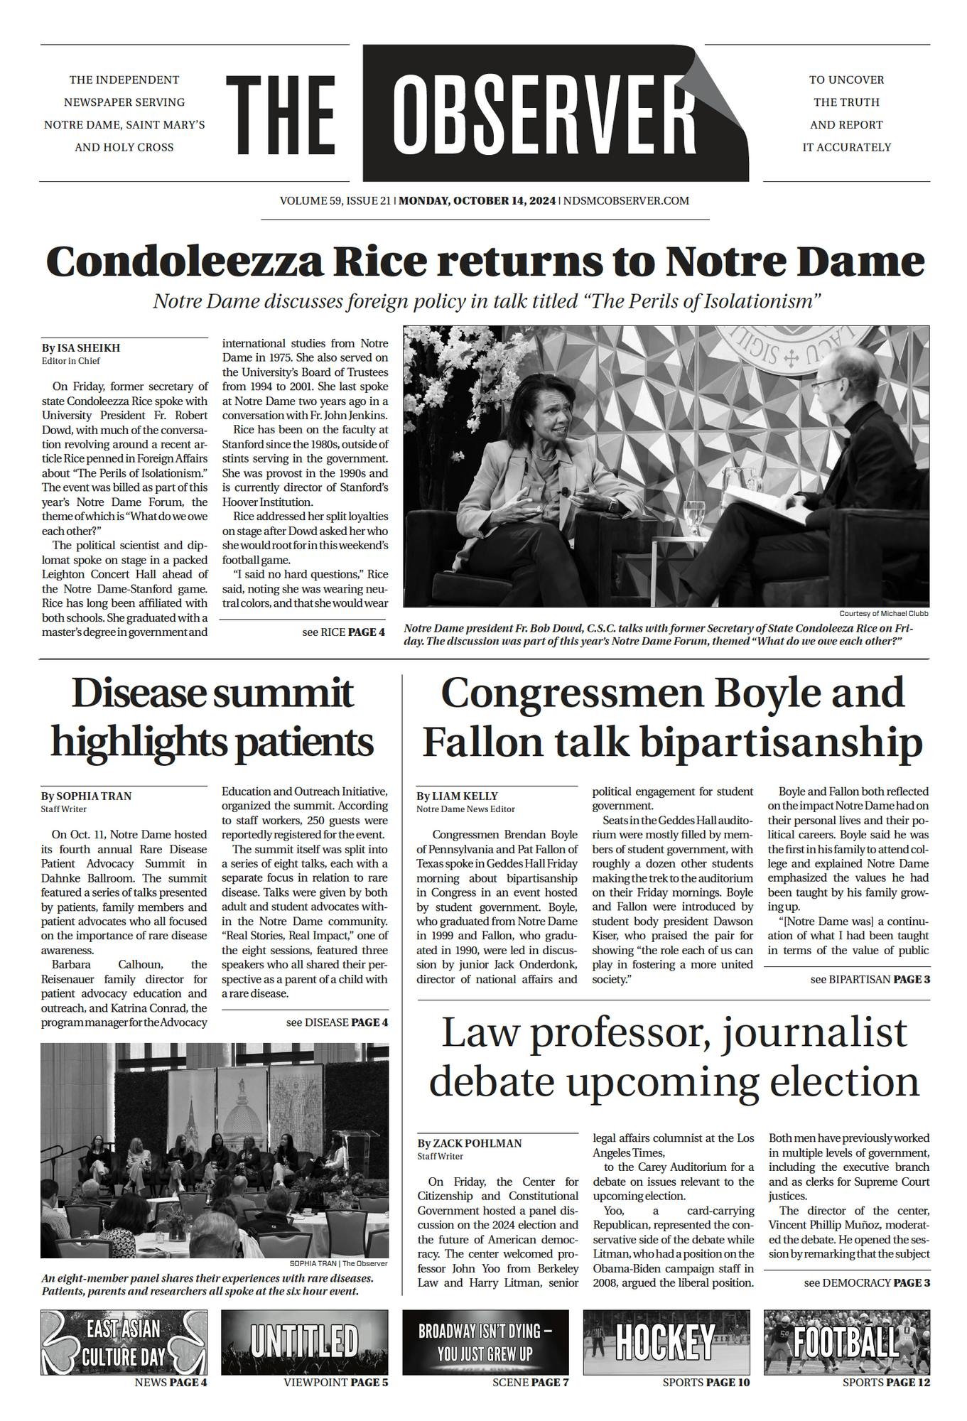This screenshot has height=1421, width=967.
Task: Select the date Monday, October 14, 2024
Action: point(477,200)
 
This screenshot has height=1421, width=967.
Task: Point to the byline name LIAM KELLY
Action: point(465,796)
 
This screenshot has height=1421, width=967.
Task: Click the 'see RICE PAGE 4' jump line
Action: point(343,632)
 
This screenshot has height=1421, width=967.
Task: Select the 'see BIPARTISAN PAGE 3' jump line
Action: point(870,979)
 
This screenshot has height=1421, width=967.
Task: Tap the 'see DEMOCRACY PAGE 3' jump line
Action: point(867,1282)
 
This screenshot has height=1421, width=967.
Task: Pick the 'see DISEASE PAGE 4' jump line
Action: point(337,1022)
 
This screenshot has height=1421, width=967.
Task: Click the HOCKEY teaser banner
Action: point(666,1342)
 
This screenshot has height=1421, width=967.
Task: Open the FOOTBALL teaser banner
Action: point(846,1342)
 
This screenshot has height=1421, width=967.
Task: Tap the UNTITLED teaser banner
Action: point(305,1342)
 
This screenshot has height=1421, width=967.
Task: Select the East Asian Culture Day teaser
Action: point(124,1342)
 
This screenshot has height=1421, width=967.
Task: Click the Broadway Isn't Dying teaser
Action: point(485,1342)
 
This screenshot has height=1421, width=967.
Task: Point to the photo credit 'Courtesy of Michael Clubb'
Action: point(883,613)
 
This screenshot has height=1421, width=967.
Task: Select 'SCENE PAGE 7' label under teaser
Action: point(530,1382)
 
